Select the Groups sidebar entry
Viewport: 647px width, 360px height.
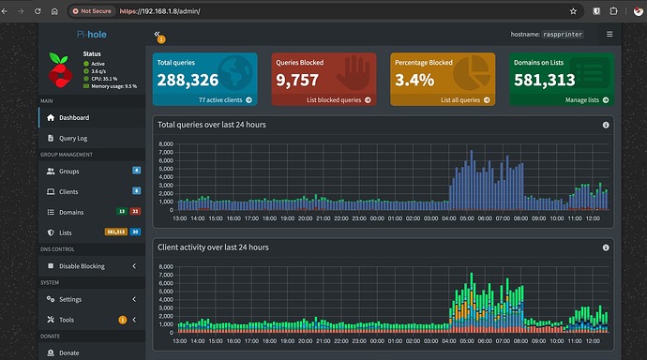click(x=69, y=172)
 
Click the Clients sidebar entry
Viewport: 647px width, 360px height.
click(x=70, y=191)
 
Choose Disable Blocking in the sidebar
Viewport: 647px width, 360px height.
click(x=82, y=266)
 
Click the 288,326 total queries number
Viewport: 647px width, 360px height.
click(x=188, y=80)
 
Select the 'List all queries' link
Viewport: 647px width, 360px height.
click(x=460, y=99)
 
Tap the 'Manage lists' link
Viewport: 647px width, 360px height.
click(x=581, y=99)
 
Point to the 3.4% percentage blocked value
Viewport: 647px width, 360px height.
click(x=415, y=80)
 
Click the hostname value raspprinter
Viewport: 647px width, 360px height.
click(x=576, y=34)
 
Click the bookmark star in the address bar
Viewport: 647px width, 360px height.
click(x=572, y=11)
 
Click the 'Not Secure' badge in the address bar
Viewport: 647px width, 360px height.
click(x=94, y=11)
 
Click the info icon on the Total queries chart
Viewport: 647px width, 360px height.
click(x=606, y=125)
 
